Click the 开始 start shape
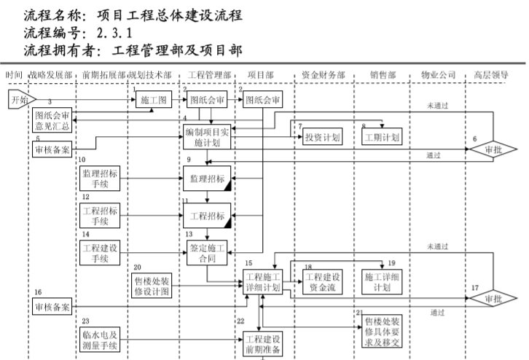click(x=20, y=100)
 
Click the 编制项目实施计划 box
click(x=207, y=136)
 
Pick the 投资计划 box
click(x=321, y=138)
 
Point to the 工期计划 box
click(x=382, y=138)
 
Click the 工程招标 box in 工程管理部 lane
click(x=207, y=216)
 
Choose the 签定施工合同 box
click(x=208, y=252)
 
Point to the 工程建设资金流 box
click(x=321, y=281)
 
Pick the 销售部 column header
click(x=382, y=75)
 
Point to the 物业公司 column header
click(x=438, y=75)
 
